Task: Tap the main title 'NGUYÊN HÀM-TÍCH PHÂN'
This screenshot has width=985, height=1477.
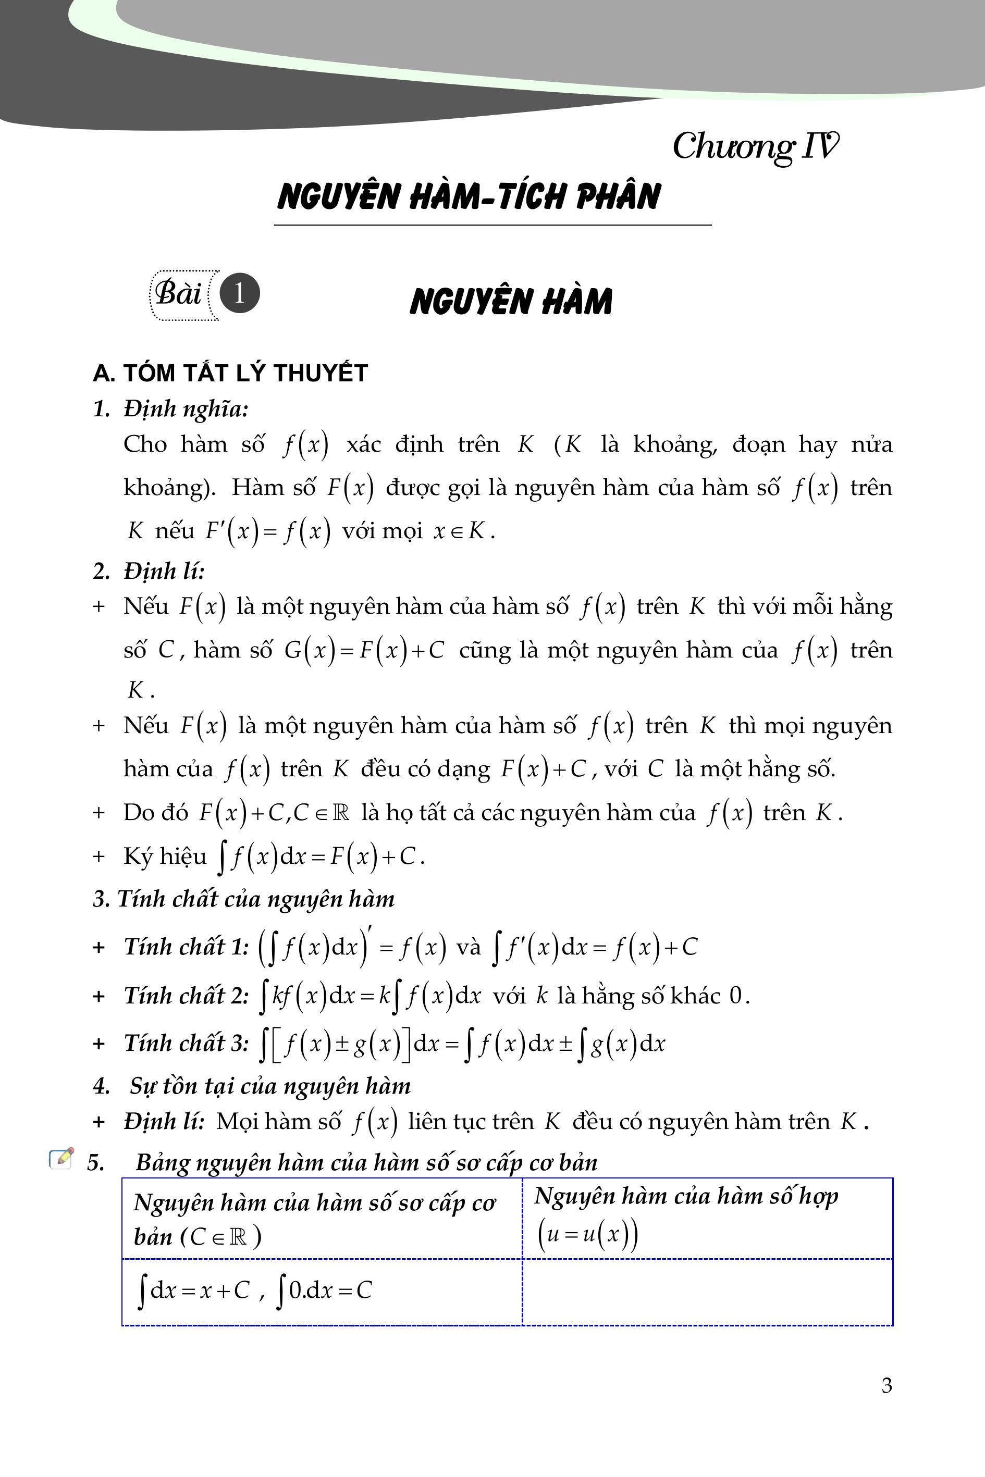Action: [469, 196]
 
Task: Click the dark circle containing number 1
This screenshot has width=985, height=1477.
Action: [239, 293]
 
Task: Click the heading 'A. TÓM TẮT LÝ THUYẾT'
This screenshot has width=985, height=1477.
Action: [230, 373]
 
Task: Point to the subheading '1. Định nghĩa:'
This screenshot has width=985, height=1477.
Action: [170, 409]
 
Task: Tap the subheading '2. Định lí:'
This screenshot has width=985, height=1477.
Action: [149, 571]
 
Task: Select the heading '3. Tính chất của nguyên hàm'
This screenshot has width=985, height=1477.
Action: [244, 899]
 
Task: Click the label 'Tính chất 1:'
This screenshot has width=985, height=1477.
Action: [187, 946]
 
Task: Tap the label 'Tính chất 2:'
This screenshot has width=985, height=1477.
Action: [187, 995]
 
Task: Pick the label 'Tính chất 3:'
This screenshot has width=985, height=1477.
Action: [187, 1043]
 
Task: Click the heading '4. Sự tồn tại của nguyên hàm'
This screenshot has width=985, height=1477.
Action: [252, 1086]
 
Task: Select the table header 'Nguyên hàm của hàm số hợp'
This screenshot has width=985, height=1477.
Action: [686, 1196]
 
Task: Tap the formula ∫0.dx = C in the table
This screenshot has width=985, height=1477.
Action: [324, 1290]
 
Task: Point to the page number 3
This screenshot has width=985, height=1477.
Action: [886, 1398]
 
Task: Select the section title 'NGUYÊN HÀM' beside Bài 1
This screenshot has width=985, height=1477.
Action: [511, 302]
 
